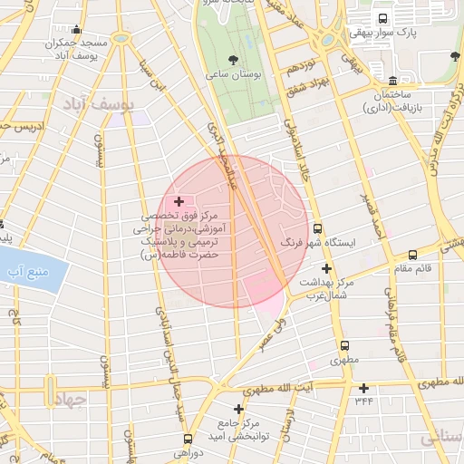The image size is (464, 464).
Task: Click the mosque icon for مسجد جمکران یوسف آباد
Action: click(x=76, y=30)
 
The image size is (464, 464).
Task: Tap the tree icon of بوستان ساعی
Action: click(x=234, y=61)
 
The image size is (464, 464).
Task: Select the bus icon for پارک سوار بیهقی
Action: click(x=382, y=18)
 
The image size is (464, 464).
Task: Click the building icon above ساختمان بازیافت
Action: click(x=391, y=81)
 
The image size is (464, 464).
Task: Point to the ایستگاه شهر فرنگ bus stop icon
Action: click(x=317, y=229)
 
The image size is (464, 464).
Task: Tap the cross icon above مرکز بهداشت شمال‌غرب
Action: click(x=326, y=268)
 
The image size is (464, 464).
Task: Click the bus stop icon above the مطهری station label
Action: click(x=343, y=345)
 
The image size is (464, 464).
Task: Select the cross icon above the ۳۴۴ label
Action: click(x=363, y=388)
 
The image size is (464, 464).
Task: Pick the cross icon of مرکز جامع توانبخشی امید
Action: click(x=238, y=410)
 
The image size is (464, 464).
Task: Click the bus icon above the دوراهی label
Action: click(x=188, y=439)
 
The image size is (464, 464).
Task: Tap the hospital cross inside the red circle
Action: click(x=179, y=201)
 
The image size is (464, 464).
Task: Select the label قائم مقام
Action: click(x=412, y=267)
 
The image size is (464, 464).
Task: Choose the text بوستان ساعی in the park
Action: click(x=234, y=75)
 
